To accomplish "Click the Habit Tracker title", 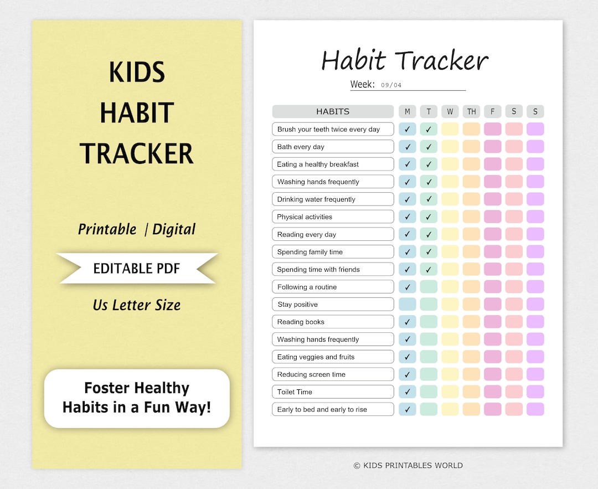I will [405, 60].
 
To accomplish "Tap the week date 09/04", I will [391, 85].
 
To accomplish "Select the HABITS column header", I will [333, 111].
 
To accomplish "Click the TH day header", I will [471, 111].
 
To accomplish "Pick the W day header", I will [450, 111].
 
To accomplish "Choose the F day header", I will [492, 111].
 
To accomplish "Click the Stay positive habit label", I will [297, 305].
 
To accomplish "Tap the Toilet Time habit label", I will [295, 392].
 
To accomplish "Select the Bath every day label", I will [301, 147].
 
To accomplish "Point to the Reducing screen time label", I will [311, 374].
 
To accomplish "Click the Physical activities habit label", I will [305, 217].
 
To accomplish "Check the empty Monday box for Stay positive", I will [407, 304].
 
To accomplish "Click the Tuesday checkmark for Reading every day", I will [429, 234].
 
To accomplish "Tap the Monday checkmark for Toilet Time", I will [407, 392].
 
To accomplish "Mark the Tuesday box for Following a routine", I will [429, 287].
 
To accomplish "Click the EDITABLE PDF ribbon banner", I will [137, 269].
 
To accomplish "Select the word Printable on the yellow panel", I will [107, 229].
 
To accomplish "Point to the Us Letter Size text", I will [137, 305].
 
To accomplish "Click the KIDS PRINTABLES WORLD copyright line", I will [408, 466].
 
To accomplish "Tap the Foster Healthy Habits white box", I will [137, 398].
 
